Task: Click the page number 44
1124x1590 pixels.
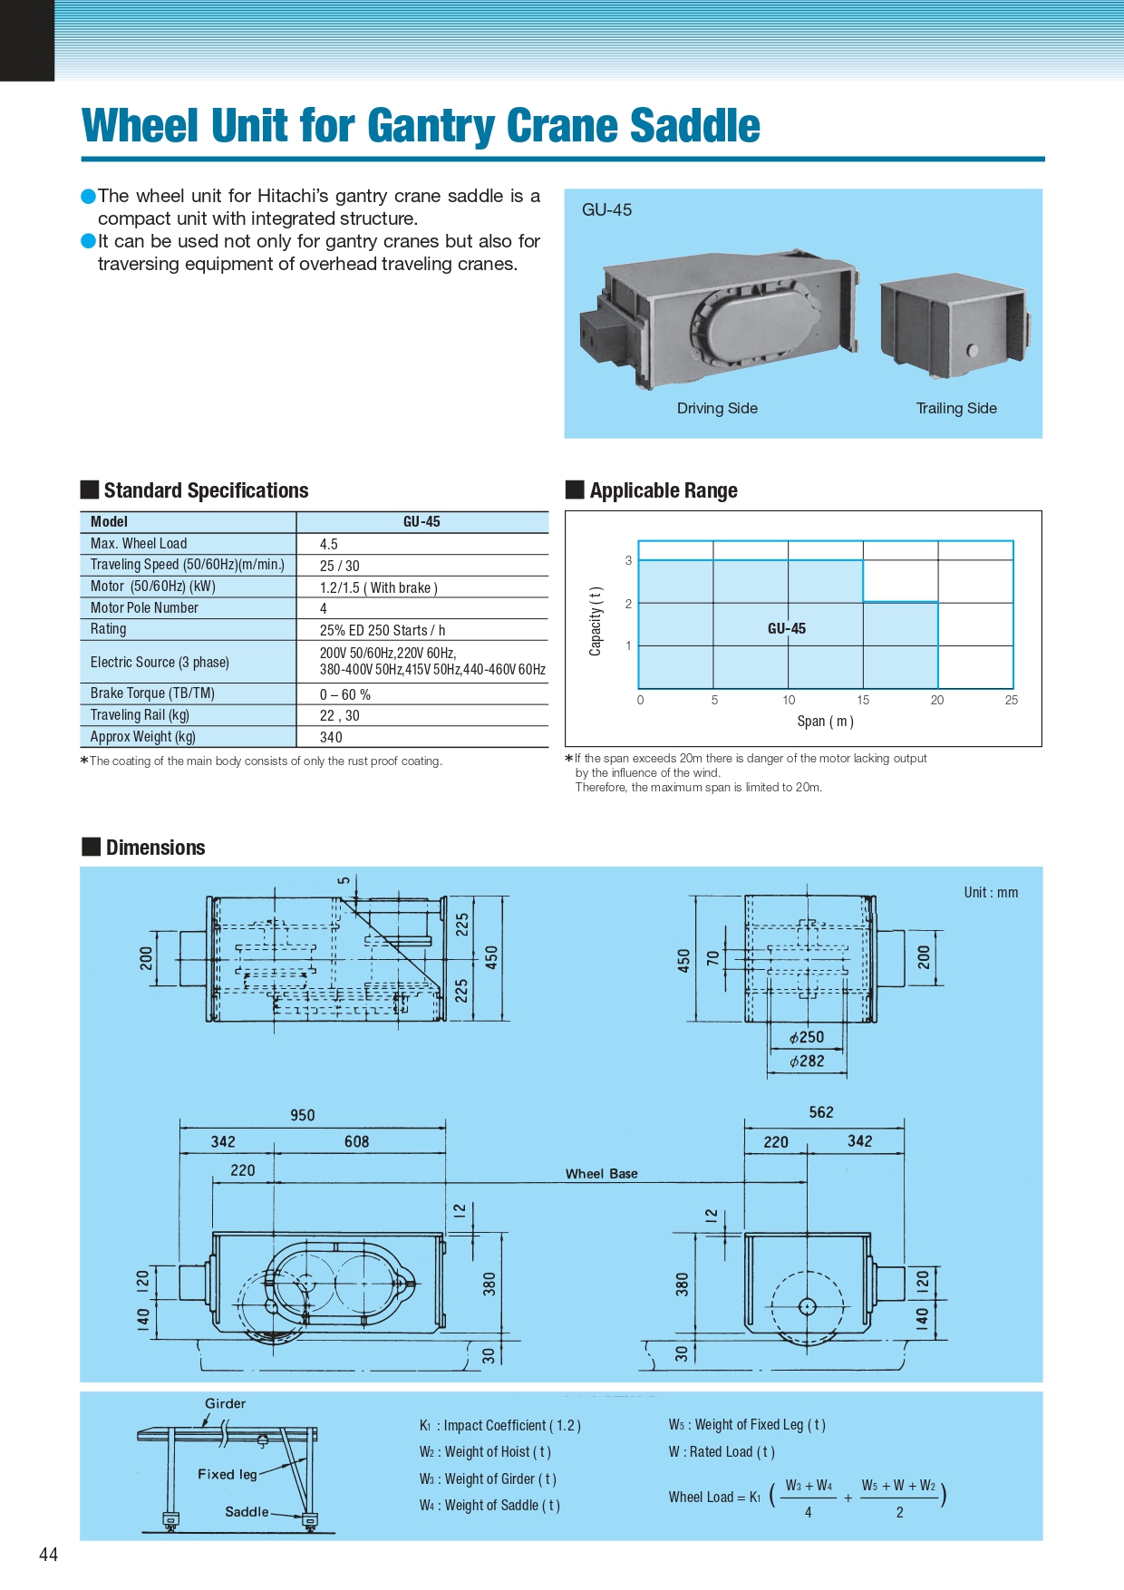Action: pos(48,1554)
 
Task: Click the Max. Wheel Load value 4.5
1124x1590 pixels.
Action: pos(329,544)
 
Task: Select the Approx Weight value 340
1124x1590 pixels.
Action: pos(331,737)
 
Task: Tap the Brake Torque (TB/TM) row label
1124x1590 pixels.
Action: pos(152,693)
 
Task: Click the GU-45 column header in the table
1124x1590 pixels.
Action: pos(421,521)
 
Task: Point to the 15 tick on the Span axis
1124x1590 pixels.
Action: pos(863,700)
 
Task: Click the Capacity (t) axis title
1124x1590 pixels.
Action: pos(596,621)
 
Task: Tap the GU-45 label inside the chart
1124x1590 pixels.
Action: pos(786,628)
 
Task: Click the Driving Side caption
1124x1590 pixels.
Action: pos(717,408)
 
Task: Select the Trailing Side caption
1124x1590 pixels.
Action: pos(956,408)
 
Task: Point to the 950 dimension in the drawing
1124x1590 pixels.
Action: pos(303,1115)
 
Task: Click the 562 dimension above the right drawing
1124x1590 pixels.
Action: pos(821,1112)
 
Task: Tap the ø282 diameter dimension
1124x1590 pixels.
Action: pos(807,1061)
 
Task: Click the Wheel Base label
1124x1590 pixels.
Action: pos(602,1174)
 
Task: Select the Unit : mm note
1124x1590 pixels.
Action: pos(991,892)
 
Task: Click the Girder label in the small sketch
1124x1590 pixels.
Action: pos(225,1403)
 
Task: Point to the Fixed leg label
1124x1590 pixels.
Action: pos(228,1474)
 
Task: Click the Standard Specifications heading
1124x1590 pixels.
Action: pos(206,490)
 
